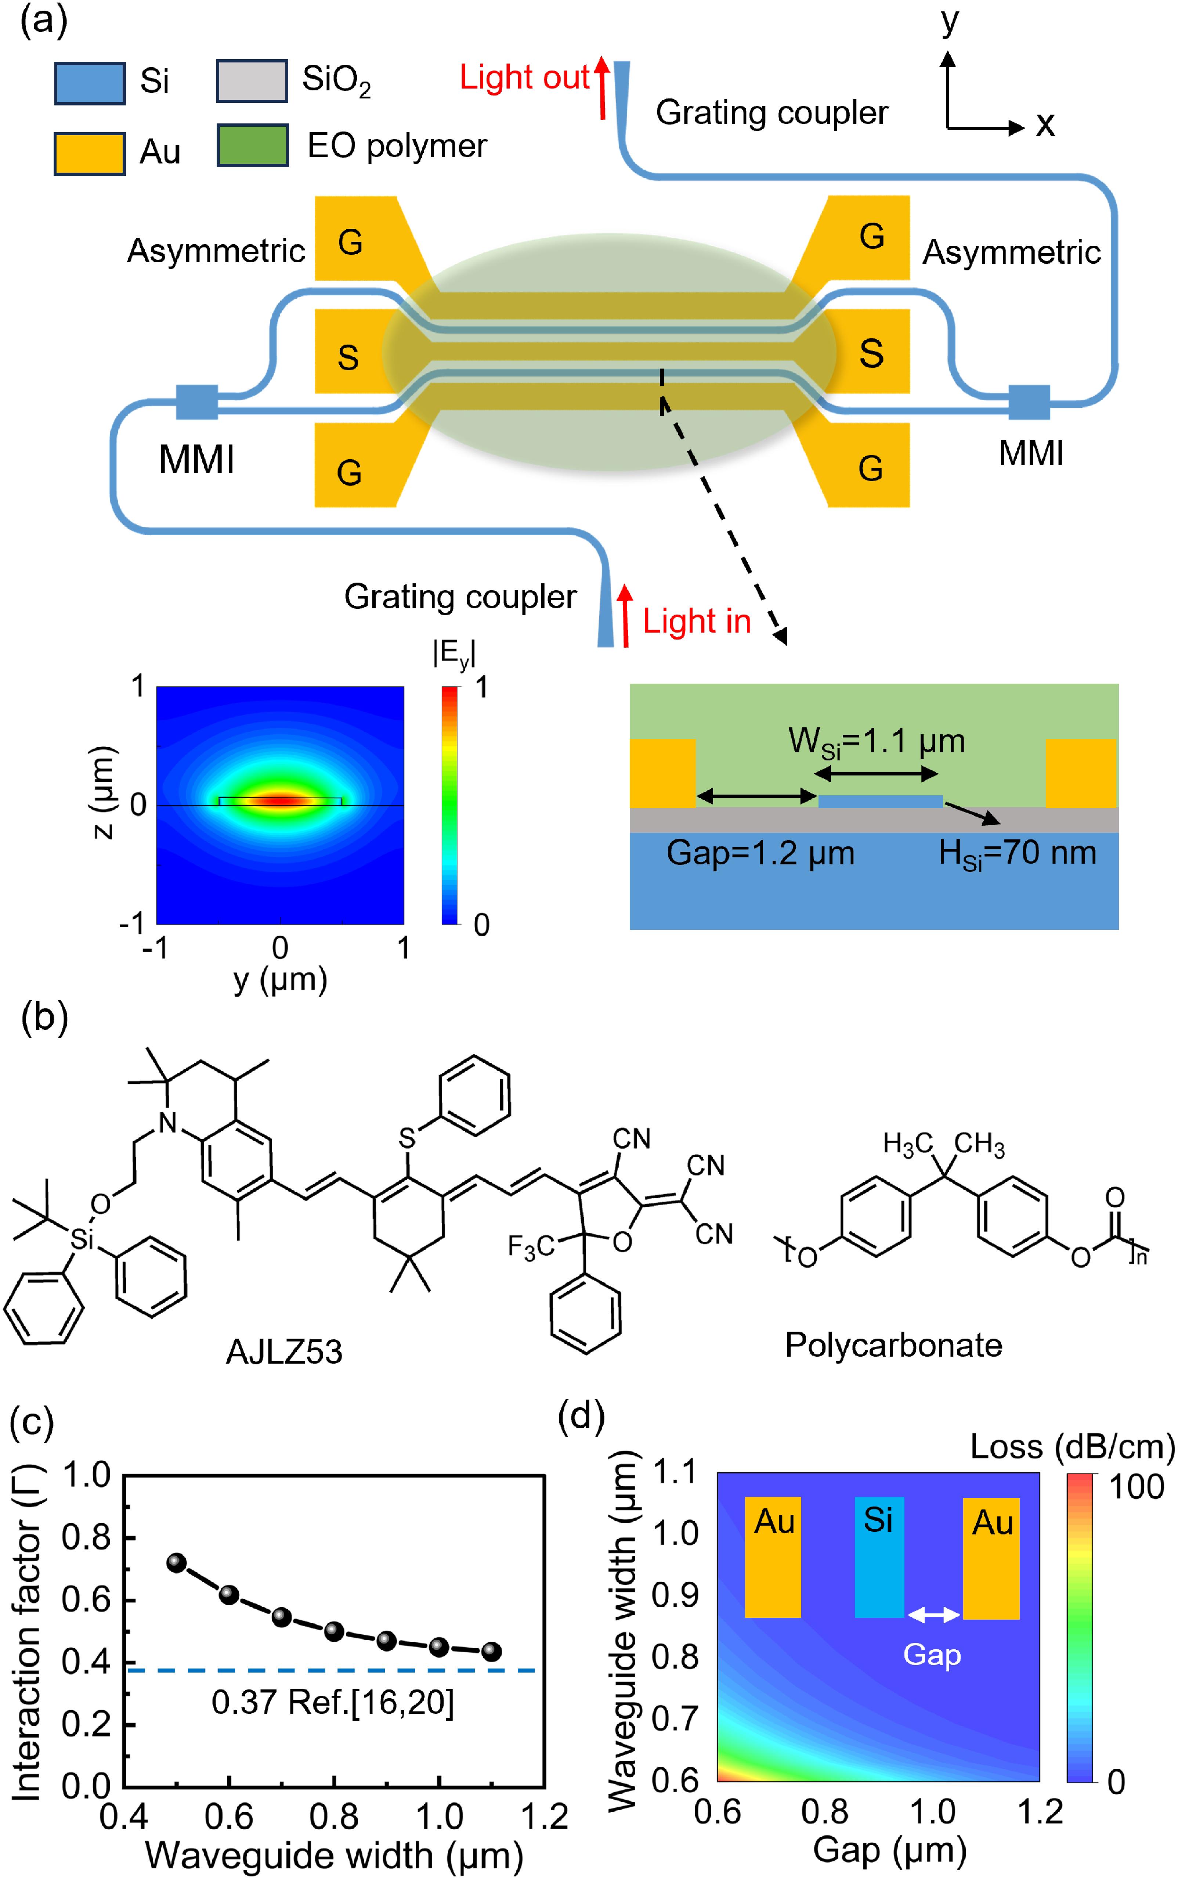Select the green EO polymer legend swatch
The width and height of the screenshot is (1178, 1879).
(x=252, y=145)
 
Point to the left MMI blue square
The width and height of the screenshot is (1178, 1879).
(x=197, y=402)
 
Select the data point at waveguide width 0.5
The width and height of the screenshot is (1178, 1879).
(x=177, y=1563)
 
